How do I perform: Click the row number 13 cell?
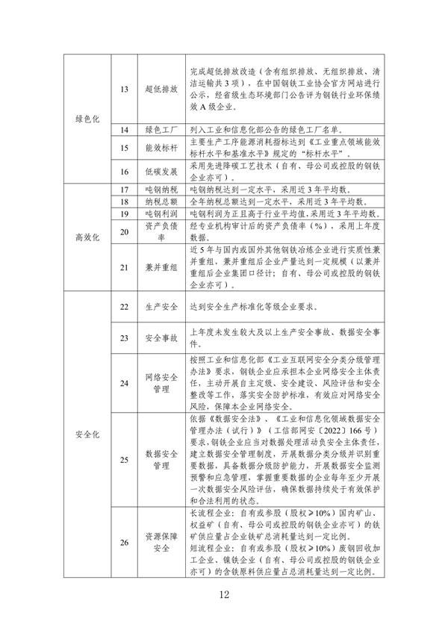click(124, 90)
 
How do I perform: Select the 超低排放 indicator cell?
click(161, 90)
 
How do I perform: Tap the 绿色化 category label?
click(87, 119)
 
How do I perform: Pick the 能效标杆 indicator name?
click(161, 149)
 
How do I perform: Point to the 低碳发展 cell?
click(161, 171)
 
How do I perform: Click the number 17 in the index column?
click(124, 190)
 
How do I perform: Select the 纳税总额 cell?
click(161, 202)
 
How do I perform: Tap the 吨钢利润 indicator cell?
click(161, 214)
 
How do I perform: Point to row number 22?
click(124, 307)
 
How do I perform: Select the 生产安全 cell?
click(161, 307)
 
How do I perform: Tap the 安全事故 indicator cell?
click(161, 338)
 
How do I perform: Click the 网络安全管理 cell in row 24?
click(161, 383)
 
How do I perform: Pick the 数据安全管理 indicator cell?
click(161, 459)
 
